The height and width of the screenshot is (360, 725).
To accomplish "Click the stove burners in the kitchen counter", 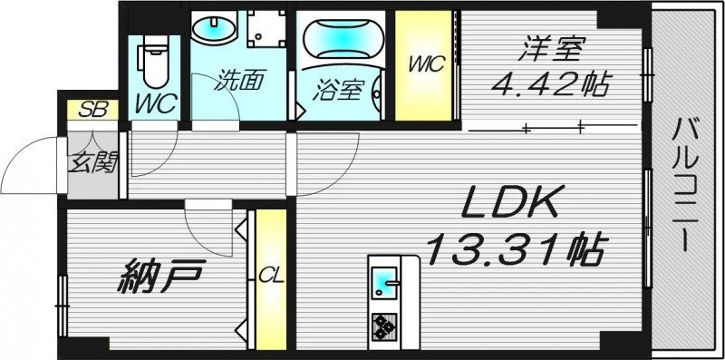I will tap(383, 324).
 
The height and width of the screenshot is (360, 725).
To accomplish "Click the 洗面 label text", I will tap(239, 81).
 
